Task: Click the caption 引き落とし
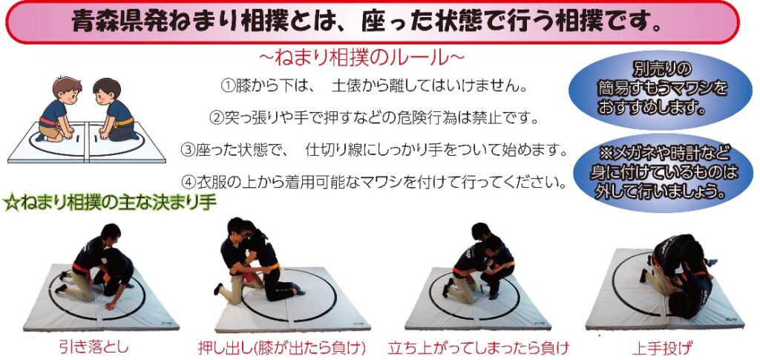pos(94,347)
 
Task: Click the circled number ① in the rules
pos(228,87)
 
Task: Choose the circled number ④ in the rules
pos(189,183)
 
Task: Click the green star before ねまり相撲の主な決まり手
pos(11,203)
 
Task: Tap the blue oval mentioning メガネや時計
pos(663,173)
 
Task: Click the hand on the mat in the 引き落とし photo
pos(111,306)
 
